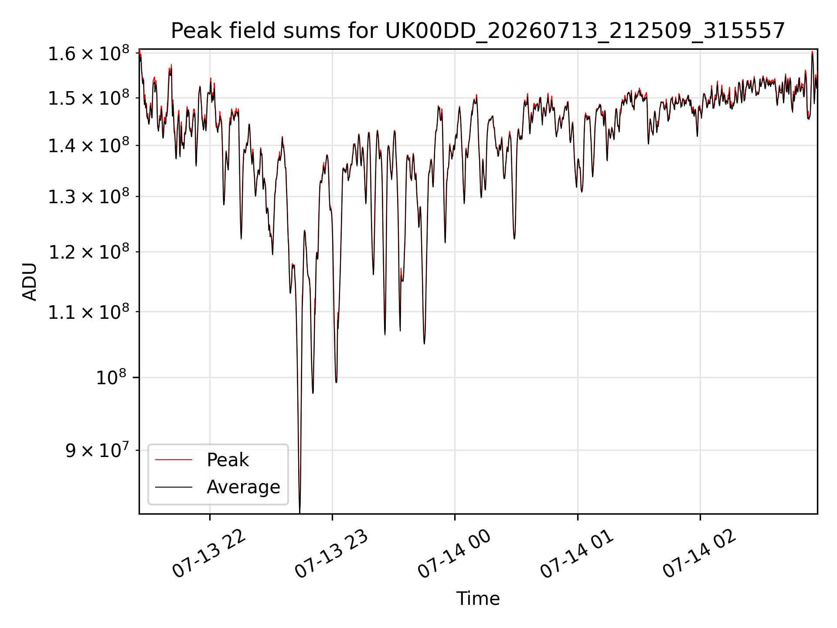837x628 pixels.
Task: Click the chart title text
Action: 478,31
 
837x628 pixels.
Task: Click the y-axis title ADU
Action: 30,281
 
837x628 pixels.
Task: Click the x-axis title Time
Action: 478,598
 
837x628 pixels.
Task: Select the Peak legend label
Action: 228,460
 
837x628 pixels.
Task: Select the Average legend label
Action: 243,487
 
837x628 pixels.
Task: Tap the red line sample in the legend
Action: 174,460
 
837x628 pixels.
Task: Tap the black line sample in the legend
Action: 174,487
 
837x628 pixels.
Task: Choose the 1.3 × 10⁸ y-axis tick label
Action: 88,196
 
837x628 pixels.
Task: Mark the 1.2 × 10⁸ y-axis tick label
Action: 88,252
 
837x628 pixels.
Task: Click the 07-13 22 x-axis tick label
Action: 210,554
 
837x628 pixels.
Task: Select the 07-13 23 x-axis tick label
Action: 332,554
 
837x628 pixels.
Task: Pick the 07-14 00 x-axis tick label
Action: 455,554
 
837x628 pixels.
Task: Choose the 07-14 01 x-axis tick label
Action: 578,554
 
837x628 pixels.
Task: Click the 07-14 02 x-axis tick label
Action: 700,554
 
